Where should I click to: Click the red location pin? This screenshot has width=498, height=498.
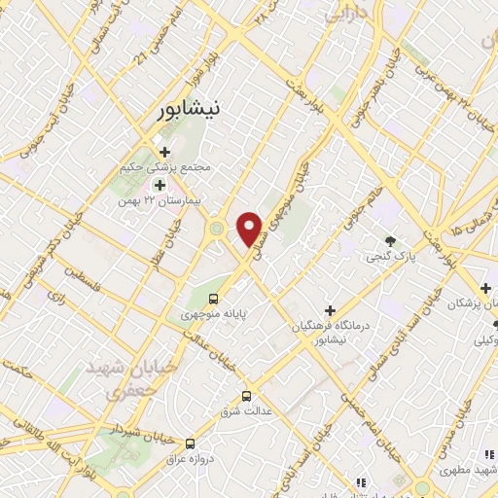tap(251, 228)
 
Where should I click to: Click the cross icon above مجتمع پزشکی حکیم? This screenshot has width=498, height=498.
tap(164, 152)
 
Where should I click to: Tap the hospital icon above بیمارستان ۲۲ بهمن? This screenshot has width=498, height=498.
tap(159, 183)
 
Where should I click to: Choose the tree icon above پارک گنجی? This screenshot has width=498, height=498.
tap(389, 241)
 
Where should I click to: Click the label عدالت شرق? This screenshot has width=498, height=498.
tap(247, 409)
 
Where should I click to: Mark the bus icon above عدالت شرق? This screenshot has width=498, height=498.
tap(247, 396)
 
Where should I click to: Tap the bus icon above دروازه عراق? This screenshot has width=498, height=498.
tap(190, 444)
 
